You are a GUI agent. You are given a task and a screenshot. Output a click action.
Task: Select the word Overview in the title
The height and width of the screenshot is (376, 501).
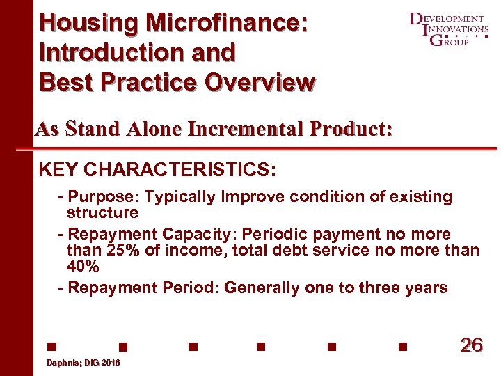(x=260, y=81)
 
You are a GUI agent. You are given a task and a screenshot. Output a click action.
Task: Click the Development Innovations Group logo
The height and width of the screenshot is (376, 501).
(x=448, y=29)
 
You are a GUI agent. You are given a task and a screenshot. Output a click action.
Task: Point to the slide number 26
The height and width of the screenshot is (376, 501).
(x=471, y=345)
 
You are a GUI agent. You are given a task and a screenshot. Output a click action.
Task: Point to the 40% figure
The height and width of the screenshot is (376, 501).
(x=83, y=267)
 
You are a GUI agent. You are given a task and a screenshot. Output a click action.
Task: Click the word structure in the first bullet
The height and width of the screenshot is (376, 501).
(x=102, y=212)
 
